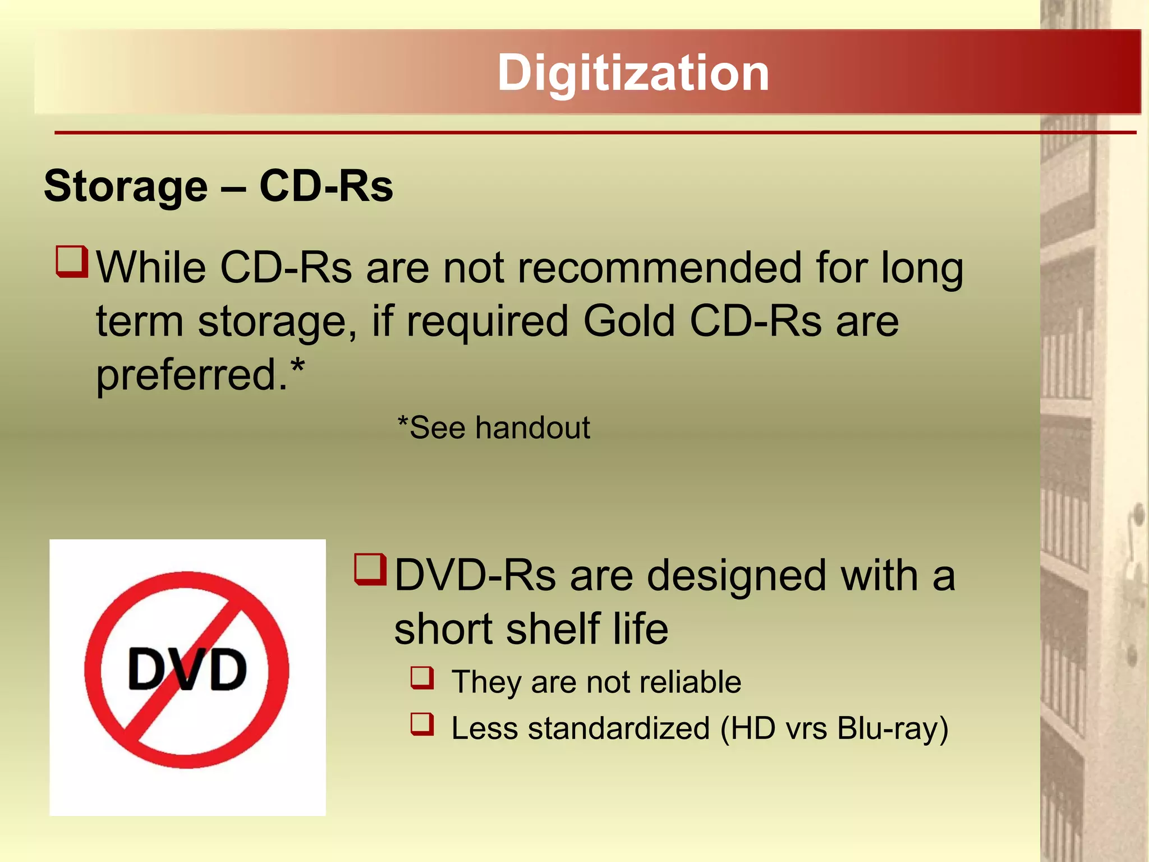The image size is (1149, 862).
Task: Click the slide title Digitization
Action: (x=633, y=73)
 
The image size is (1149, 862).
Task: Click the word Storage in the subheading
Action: (x=126, y=186)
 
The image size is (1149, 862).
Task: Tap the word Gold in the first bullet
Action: (x=629, y=321)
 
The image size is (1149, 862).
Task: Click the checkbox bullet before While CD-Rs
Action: (x=72, y=262)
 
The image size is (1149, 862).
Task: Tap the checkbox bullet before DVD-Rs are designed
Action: (x=370, y=569)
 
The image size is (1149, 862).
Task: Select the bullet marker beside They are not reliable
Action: (x=422, y=677)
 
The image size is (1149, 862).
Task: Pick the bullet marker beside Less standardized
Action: (x=422, y=723)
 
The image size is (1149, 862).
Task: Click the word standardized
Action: (x=619, y=728)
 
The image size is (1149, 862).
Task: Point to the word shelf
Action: (x=553, y=629)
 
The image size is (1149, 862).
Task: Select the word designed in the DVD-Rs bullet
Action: (x=736, y=577)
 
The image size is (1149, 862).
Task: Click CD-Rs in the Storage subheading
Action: (x=326, y=186)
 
